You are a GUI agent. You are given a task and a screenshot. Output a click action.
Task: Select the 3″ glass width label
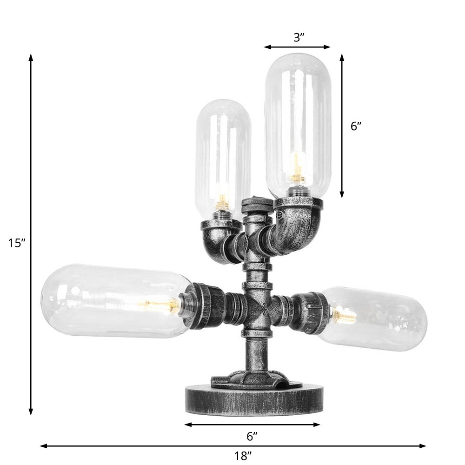299,38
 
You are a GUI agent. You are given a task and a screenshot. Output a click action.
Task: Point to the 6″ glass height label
356,126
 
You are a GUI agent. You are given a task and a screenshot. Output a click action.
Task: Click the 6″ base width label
252,436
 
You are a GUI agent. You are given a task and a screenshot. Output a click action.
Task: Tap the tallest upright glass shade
298,121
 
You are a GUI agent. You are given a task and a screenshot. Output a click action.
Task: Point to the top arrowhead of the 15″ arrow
31,57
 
